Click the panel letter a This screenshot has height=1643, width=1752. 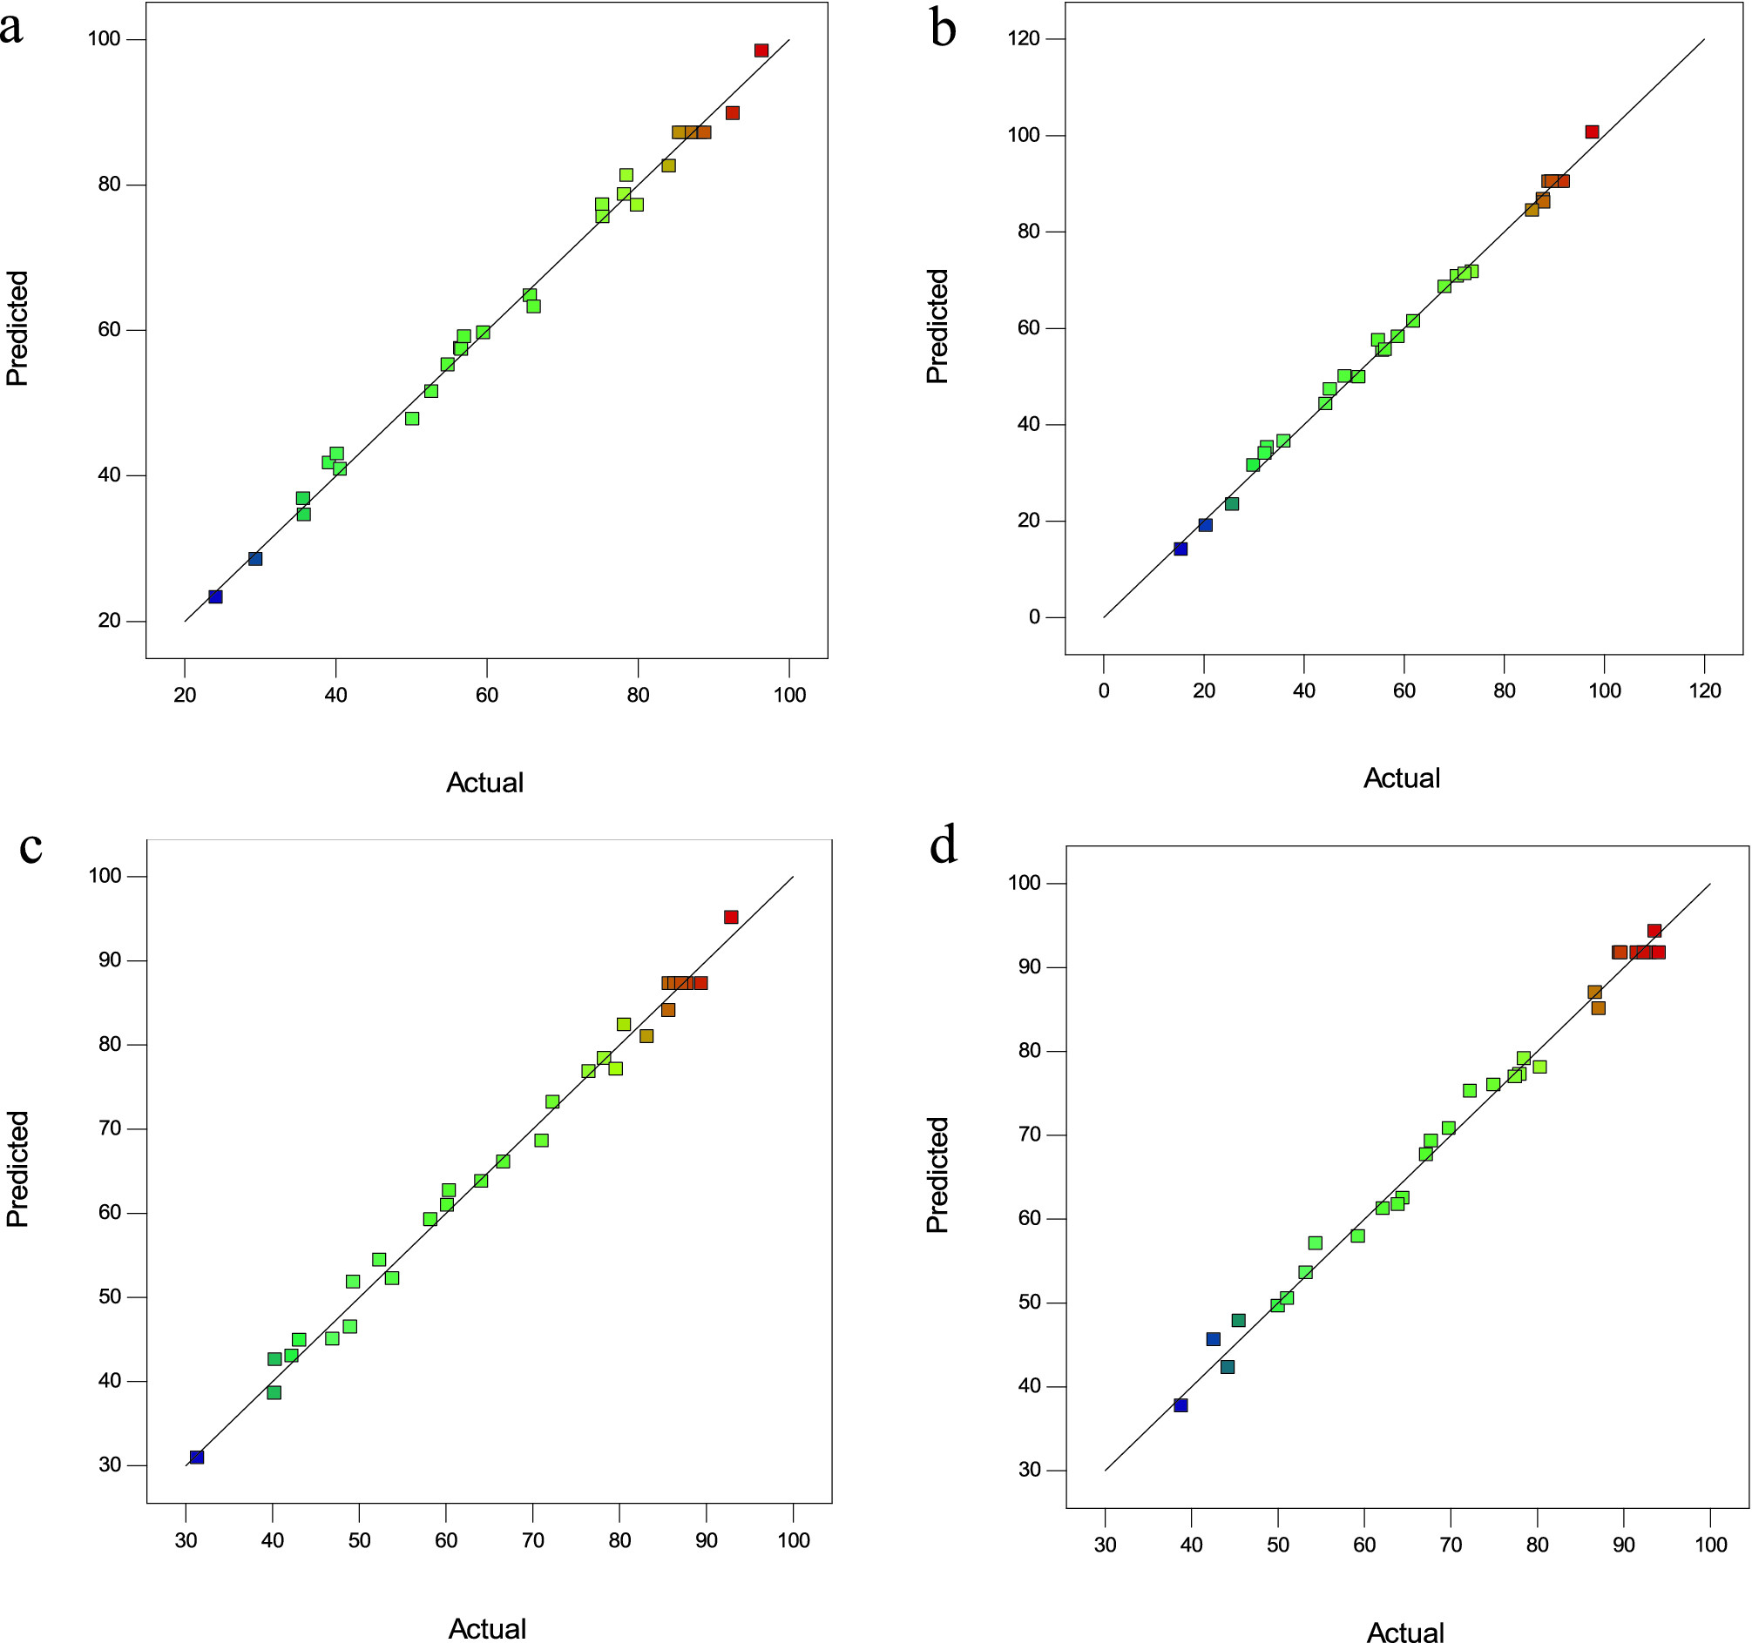tap(11, 28)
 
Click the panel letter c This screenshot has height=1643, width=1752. tap(30, 846)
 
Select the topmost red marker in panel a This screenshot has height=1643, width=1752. tap(761, 51)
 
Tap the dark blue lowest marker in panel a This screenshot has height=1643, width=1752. tap(215, 596)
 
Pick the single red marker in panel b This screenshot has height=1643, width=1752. tap(1592, 132)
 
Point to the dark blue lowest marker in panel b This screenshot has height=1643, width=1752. tap(1181, 549)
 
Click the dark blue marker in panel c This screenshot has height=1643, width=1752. tap(197, 1458)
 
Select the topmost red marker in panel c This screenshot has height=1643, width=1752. tap(731, 917)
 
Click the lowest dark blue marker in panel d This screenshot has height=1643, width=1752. tap(1181, 1405)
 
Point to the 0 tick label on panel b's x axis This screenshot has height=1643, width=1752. tap(1103, 690)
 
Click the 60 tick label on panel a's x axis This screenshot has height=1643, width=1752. tap(486, 695)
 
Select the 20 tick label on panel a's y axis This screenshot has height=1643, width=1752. tap(109, 620)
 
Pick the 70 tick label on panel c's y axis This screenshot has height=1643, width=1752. tap(109, 1128)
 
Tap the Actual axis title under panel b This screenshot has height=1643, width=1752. tap(1401, 778)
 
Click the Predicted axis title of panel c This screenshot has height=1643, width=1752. tap(17, 1169)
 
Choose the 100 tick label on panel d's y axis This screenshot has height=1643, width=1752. tap(1024, 883)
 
